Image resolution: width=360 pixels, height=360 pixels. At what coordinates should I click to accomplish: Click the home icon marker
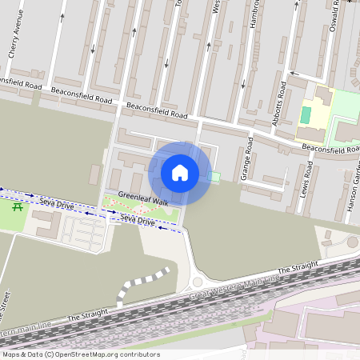tap(180, 172)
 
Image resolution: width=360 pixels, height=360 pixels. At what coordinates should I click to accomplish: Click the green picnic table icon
tap(18, 207)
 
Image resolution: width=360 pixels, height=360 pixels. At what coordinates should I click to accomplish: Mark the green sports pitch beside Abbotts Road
tap(305, 114)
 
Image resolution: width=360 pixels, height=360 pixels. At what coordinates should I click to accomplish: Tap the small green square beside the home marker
tap(214, 176)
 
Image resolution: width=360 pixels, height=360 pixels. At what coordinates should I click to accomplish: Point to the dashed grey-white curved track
tap(142, 284)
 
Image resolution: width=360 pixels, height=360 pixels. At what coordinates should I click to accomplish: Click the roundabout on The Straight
tap(197, 282)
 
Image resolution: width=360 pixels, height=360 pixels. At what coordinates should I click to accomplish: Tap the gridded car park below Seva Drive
tap(83, 233)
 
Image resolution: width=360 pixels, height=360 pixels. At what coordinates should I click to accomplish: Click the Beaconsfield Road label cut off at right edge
tap(330, 149)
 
